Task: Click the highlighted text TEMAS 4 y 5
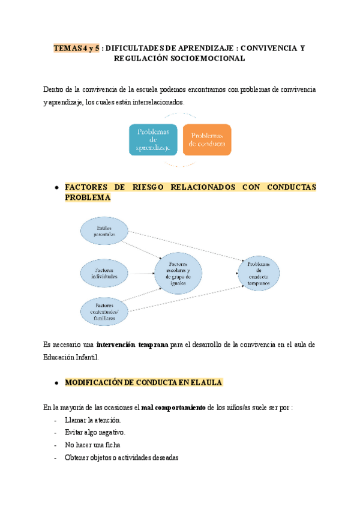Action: (77, 47)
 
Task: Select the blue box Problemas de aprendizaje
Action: (153, 139)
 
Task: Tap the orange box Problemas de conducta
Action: (206, 139)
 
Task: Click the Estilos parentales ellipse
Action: (104, 231)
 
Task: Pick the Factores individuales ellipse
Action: (104, 273)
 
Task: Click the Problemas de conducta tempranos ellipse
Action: (259, 273)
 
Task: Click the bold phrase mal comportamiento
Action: (173, 408)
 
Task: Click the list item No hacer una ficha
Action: (92, 445)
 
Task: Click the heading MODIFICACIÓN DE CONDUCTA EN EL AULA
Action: (143, 382)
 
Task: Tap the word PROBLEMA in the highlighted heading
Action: (88, 197)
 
